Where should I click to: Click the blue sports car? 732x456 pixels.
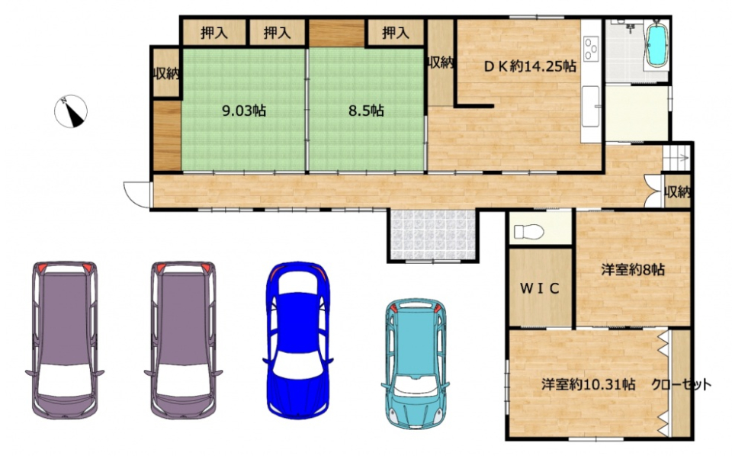tap(297, 340)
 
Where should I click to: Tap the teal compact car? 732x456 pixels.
tap(415, 364)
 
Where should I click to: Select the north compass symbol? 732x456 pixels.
tap(71, 111)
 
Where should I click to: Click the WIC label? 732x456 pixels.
tap(540, 288)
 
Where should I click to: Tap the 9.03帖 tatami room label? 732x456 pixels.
tap(244, 111)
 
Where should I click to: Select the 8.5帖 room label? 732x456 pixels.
tap(367, 111)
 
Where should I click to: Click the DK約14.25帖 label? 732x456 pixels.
tap(529, 66)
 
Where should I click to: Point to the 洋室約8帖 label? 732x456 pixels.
tap(633, 269)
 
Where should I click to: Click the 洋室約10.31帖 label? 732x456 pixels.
tap(588, 384)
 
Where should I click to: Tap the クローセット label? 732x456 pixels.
tap(682, 384)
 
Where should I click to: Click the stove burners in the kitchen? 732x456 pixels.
tap(592, 48)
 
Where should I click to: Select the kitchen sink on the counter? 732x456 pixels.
tap(591, 106)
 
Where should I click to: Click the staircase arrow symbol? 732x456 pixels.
tap(676, 158)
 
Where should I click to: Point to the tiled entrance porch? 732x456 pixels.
tap(433, 234)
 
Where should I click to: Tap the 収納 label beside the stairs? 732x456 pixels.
tap(678, 192)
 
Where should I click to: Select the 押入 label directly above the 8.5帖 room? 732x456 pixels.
tap(396, 33)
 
